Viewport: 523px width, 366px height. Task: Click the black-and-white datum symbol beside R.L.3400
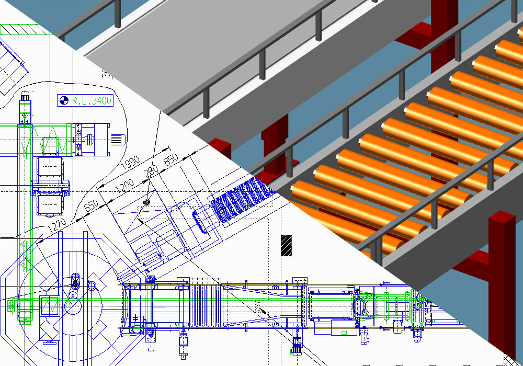[x=63, y=101]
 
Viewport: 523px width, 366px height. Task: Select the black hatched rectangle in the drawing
[x=286, y=246]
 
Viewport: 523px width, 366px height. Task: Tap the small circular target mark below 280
[x=147, y=202]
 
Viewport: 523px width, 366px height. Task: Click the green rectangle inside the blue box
[x=51, y=305]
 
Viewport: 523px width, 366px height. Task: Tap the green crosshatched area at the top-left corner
[x=21, y=30]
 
